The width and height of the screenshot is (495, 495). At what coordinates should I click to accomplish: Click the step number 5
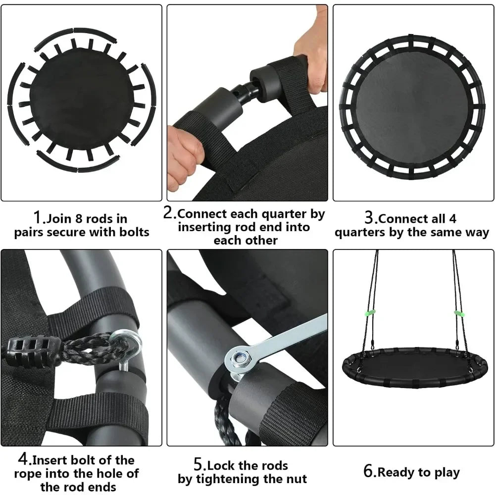click(198, 465)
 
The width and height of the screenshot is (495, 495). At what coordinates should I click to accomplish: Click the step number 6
click(369, 471)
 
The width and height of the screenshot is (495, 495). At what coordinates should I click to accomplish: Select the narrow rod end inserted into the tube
click(245, 94)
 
